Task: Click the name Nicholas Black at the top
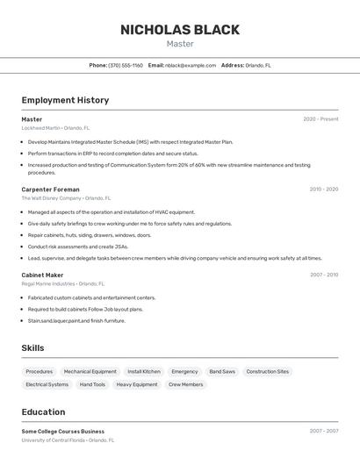click(180, 30)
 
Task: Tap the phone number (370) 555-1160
click(126, 65)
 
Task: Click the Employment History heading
click(65, 100)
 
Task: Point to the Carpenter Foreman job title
click(50, 190)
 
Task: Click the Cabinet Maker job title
click(42, 275)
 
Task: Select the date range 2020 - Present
click(320, 119)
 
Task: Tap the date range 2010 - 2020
click(323, 190)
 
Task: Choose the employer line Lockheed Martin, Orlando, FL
click(55, 128)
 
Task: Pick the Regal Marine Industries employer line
click(62, 283)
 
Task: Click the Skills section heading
click(32, 348)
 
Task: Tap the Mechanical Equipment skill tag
click(90, 371)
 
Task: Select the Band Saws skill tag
click(222, 371)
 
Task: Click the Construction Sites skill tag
click(268, 371)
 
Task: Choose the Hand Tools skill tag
click(92, 384)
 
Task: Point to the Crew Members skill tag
click(185, 384)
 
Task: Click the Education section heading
click(43, 411)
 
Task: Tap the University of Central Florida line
click(68, 440)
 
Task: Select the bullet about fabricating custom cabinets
click(91, 297)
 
